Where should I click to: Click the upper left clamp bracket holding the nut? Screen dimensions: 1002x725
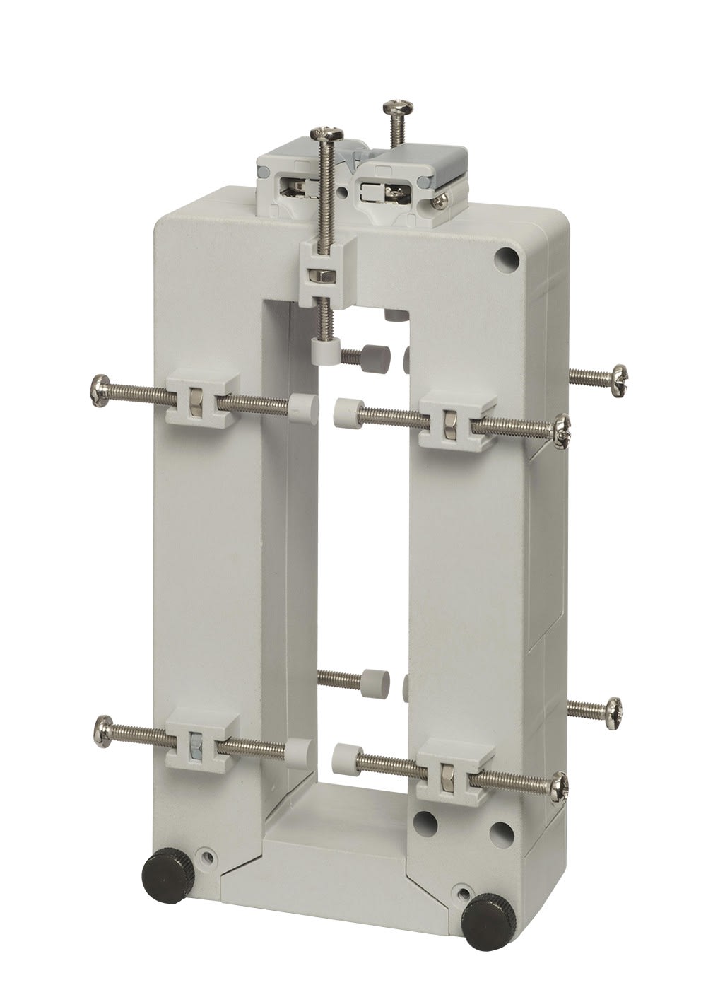(x=199, y=405)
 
